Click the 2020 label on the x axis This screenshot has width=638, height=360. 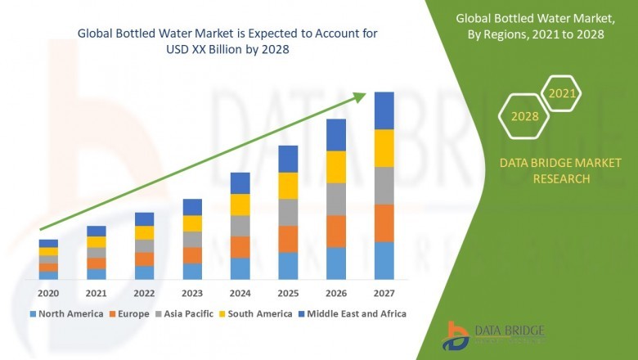[x=48, y=293]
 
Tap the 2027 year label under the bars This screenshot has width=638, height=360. [x=384, y=293]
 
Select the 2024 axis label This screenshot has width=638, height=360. [x=240, y=293]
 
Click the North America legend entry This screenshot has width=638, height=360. [x=66, y=313]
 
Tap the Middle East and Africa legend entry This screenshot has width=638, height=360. [x=357, y=313]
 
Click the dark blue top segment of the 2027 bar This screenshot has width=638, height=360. [x=384, y=110]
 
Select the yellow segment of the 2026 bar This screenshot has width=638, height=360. [x=336, y=167]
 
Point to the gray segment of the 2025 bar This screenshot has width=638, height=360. [x=288, y=212]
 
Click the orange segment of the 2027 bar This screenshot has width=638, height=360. [x=384, y=223]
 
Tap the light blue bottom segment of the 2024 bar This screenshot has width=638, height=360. [x=240, y=269]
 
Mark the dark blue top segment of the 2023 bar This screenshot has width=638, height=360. [x=192, y=207]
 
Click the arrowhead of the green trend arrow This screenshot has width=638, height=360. [x=360, y=97]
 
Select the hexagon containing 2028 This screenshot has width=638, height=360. [x=524, y=116]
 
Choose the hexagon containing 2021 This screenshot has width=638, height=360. [x=562, y=94]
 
